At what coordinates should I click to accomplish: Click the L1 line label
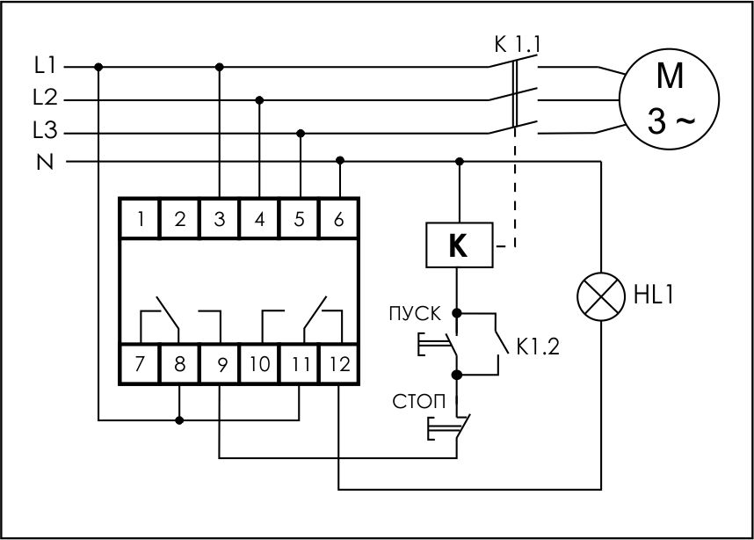coord(46,66)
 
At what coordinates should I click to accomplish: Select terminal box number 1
coord(140,220)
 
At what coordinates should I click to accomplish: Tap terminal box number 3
coord(220,220)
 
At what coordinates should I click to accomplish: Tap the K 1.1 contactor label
coord(516,43)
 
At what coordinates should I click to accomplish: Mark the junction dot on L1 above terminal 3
coord(220,66)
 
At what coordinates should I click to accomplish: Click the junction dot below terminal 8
coord(180,420)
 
